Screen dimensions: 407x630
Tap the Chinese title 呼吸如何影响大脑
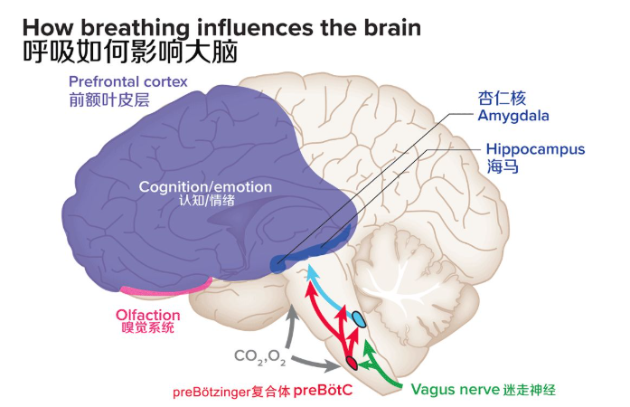127,52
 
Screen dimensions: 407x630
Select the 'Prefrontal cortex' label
127,81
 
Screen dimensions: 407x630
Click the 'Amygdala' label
513,116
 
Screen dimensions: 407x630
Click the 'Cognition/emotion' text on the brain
205,186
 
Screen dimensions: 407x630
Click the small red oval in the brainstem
351,364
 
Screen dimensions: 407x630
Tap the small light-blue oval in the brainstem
359,318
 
